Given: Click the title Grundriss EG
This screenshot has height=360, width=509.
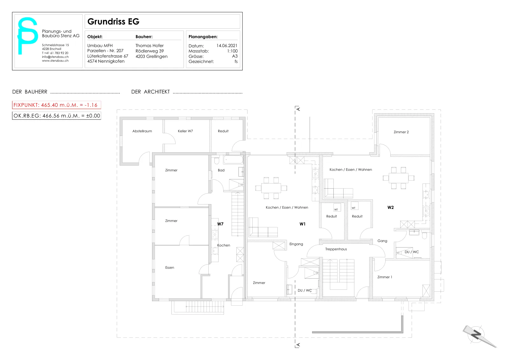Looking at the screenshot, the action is pos(113,22).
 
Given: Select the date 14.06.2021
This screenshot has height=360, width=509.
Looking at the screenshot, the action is pos(227,46).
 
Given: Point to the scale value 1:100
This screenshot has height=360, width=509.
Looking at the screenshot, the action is pos(232,51).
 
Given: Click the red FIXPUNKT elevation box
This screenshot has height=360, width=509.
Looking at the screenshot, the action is pos(57,105).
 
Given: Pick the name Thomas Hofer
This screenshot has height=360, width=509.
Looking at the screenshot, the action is pos(150,46).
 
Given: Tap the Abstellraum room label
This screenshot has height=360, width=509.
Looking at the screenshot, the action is pos(142,131).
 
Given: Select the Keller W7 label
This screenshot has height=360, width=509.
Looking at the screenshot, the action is pos(185,131).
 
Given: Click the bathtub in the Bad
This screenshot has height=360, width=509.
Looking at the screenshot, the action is pos(234,159).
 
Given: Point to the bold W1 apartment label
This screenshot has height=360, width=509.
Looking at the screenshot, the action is pos(303,224).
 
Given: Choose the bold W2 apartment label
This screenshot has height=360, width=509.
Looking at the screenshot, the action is pos(390,207).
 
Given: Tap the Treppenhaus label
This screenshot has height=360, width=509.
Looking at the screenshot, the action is pos(336,249).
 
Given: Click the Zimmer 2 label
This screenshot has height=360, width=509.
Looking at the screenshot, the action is pos(401,132).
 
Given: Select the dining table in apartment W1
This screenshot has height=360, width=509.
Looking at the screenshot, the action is pos(271,188).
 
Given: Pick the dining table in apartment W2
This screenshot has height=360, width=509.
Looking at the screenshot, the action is pos(399,178).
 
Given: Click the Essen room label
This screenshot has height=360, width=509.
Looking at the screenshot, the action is pos(170,267).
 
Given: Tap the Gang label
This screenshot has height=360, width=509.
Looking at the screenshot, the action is pos(382,241).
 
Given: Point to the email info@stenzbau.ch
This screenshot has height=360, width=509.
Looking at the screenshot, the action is pos(55,57).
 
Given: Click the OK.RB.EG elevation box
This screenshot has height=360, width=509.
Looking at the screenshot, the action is pos(57,116).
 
